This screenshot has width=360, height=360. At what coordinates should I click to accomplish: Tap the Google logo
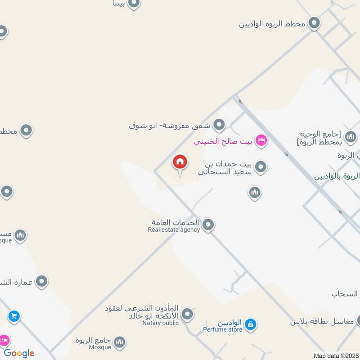pos(19,353)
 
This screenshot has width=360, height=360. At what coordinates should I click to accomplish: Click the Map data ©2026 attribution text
pos(336,355)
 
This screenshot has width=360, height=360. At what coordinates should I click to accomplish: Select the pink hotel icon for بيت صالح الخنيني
pos(261,141)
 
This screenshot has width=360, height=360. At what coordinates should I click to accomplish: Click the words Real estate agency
pos(174,230)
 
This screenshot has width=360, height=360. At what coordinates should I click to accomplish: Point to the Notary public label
pos(161,323)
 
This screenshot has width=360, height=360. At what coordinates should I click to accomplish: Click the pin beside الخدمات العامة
pos(208,225)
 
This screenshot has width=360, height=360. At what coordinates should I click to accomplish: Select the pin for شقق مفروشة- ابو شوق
pos(219,125)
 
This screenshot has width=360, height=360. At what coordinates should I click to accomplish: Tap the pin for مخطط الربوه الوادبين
pos(314,22)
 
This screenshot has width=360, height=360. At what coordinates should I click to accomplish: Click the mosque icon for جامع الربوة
pos(120,342)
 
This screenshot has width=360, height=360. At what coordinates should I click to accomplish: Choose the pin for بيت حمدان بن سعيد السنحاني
pos(261,168)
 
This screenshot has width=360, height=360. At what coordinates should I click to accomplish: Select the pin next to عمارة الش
pos(42,282)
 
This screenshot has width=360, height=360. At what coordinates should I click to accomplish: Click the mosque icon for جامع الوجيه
pos(351,136)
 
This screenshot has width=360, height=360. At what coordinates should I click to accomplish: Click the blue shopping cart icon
pos(13,316)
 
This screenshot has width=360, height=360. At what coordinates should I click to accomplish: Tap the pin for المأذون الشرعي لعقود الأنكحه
pos(188,314)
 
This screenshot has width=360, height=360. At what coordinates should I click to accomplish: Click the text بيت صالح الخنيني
pos(224,142)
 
